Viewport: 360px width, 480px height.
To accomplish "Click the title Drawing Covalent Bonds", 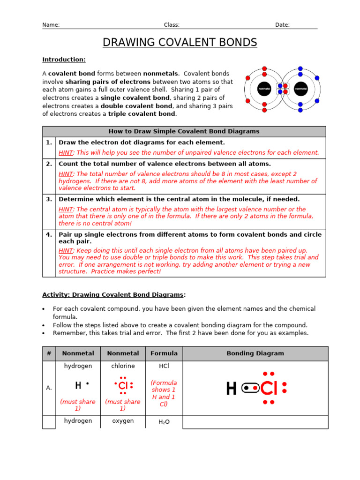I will click(180, 43).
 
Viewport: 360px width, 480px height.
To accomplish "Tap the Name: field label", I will click(51, 25).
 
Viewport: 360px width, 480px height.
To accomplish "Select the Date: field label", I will click(282, 25).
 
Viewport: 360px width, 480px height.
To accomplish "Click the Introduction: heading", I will click(64, 60).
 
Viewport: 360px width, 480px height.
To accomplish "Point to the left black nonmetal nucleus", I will click(264, 88).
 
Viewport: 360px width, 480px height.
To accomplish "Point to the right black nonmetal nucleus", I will click(300, 88).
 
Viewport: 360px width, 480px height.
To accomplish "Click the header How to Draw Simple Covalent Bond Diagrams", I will click(184, 131).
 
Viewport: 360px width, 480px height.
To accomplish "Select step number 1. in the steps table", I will click(49, 142).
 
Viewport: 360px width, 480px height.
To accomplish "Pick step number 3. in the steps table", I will click(49, 199).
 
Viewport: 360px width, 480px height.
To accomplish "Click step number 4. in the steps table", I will click(49, 234).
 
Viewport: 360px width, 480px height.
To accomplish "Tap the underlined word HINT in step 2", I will click(66, 174).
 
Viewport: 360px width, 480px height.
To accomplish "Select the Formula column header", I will click(164, 353).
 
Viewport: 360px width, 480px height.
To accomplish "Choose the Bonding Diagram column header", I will click(255, 353).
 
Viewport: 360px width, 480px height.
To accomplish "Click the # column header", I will click(49, 353).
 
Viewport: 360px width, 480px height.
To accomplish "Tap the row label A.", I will click(49, 388).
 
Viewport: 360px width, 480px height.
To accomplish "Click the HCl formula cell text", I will click(164, 366).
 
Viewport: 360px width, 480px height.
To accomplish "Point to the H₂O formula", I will click(164, 422).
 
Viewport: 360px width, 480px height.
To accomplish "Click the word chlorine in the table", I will click(123, 366).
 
